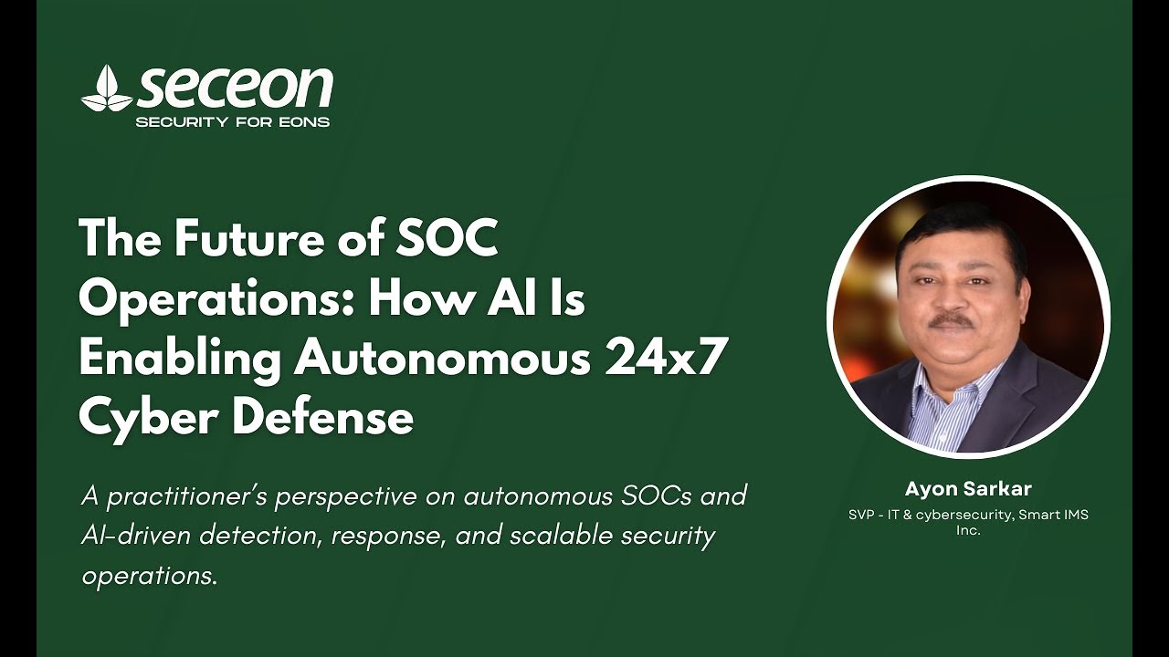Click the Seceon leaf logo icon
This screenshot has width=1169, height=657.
107,89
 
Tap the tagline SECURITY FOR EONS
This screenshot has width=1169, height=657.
232,122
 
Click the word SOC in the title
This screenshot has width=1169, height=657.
447,239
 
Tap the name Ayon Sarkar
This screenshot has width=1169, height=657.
968,489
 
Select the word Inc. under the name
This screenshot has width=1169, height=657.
968,529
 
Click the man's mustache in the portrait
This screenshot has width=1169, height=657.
953,320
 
